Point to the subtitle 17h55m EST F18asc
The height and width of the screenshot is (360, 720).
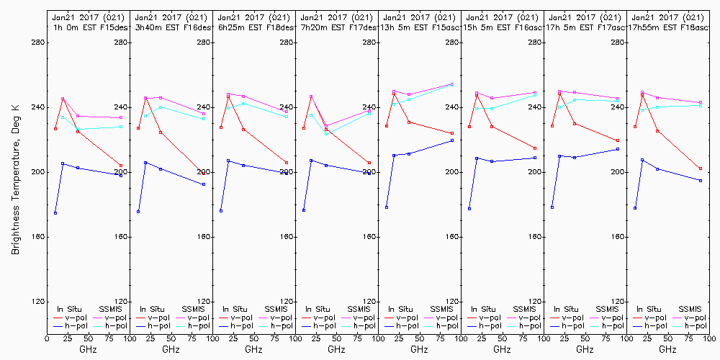point(669,27)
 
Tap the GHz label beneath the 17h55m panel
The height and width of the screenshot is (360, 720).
point(667,348)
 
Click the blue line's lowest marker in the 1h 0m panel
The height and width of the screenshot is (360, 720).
point(55,213)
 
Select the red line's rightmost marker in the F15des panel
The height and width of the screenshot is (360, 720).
point(121,166)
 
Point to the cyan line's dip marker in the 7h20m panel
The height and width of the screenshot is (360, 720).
point(326,134)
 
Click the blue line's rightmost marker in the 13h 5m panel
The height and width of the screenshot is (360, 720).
point(452,140)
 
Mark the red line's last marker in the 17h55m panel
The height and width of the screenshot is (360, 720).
point(701,168)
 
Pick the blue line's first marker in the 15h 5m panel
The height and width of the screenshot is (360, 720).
point(469,209)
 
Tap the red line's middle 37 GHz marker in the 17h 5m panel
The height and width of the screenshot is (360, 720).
point(575,124)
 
